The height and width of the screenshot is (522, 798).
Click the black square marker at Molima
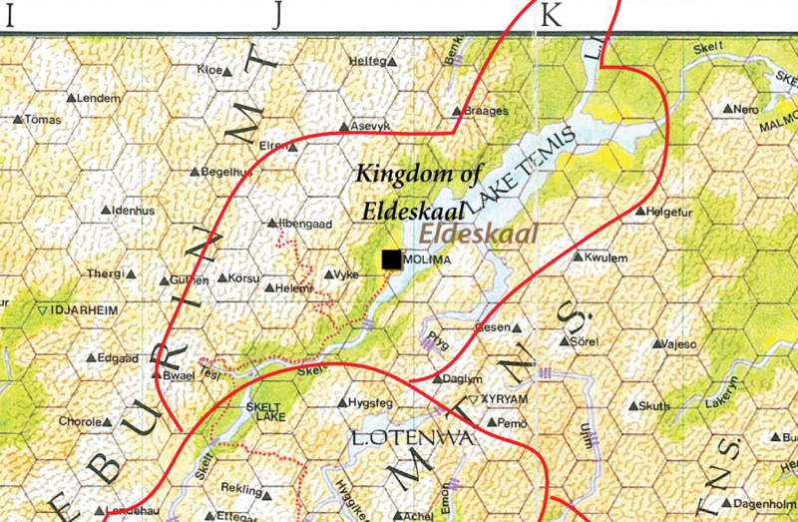(392, 260)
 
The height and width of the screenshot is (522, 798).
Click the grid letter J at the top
(280, 13)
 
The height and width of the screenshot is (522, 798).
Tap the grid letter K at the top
(552, 13)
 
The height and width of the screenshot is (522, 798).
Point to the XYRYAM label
(504, 398)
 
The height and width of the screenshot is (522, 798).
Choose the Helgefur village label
(669, 212)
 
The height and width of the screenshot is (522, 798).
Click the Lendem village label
(99, 98)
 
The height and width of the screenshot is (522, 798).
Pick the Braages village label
(487, 112)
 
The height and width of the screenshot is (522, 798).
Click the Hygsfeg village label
(375, 403)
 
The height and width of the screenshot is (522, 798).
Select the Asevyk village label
(365, 127)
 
